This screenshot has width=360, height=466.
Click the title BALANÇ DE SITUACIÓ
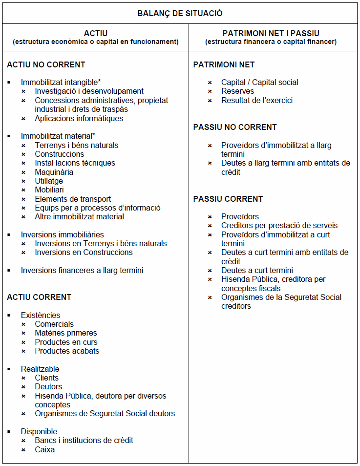coord(180,13)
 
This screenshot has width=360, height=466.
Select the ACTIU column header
coord(96,33)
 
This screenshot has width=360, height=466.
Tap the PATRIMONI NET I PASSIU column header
coord(271,33)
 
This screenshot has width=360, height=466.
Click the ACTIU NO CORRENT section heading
coord(46,64)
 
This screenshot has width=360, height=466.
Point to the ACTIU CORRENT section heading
coord(39,297)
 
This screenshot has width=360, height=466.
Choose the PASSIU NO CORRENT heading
coord(235,127)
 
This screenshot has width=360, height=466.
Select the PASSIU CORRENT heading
coord(228,199)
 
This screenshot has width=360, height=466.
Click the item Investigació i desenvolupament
coord(89,91)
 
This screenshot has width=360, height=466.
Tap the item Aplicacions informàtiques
coord(79,118)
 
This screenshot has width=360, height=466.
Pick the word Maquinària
coord(54,172)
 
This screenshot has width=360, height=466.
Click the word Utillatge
coord(49,181)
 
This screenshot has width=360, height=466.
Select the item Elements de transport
coord(73,199)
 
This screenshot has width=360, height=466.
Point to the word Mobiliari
coord(49,190)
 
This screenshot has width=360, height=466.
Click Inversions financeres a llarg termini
coord(82,270)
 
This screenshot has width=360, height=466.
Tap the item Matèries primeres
coord(66,333)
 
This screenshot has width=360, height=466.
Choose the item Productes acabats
coord(67,351)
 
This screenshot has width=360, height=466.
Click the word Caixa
coord(44,449)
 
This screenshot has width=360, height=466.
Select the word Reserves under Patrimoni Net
coord(237,91)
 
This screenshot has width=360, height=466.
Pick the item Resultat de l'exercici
coord(257,100)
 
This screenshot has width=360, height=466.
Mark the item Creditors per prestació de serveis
coord(279,225)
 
